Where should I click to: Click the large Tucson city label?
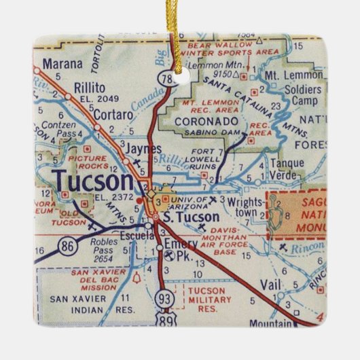pyautogui.click(x=93, y=181)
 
